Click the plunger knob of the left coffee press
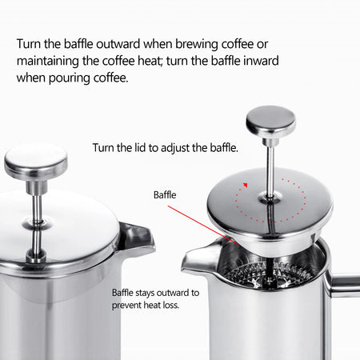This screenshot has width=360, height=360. point(35,162)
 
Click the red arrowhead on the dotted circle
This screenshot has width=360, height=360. point(246,185)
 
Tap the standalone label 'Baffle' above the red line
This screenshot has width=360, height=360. point(166,194)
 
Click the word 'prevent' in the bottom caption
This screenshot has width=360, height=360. point(130,305)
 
